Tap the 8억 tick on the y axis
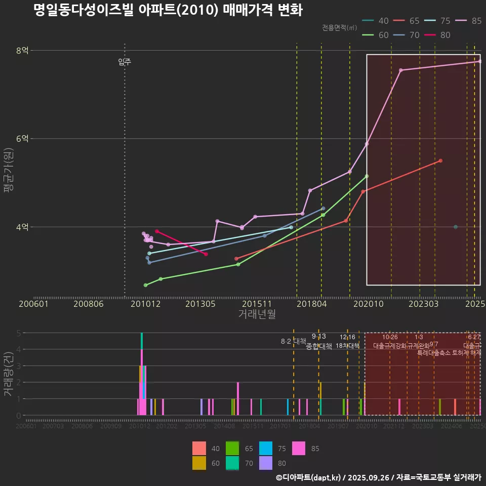pyautogui.click(x=22, y=50)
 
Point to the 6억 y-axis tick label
pyautogui.click(x=22, y=138)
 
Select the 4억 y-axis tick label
pyautogui.click(x=22, y=227)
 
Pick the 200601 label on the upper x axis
pyautogui.click(x=33, y=304)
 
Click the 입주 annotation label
pyautogui.click(x=125, y=62)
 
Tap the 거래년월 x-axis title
pyautogui.click(x=257, y=314)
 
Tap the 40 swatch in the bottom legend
pyautogui.click(x=199, y=449)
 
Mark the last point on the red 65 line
pyautogui.click(x=440, y=160)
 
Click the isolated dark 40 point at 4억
pyautogui.click(x=456, y=227)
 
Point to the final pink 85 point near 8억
pyautogui.click(x=479, y=61)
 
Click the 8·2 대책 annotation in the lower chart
pyautogui.click(x=294, y=341)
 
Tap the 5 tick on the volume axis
pyautogui.click(x=18, y=333)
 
